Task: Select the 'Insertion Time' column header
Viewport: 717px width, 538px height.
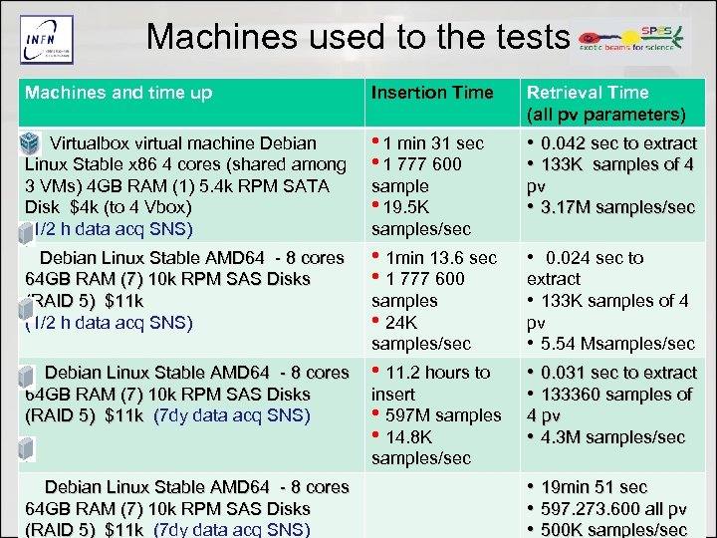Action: click(x=432, y=93)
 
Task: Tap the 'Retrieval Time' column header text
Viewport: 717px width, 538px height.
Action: click(x=588, y=93)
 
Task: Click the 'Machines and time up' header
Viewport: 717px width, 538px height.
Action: click(x=119, y=93)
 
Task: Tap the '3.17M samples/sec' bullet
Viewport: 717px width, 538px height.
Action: click(x=617, y=207)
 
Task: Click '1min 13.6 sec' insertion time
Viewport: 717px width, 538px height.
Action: click(x=440, y=258)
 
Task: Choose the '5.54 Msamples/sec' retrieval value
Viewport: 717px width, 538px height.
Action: click(x=617, y=344)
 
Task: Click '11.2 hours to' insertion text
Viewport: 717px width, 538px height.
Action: click(x=437, y=373)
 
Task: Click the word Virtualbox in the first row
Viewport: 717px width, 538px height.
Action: click(x=94, y=143)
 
